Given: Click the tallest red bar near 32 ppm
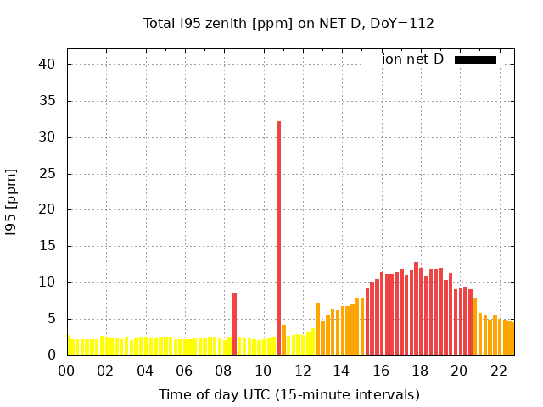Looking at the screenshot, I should click(x=278, y=237).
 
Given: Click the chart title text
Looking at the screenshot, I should click(x=288, y=24).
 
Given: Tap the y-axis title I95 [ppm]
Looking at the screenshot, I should click(x=12, y=202).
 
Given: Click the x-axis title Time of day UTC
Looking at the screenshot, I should click(x=288, y=394).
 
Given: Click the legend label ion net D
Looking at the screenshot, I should click(x=412, y=59).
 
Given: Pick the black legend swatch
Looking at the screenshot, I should click(x=475, y=59).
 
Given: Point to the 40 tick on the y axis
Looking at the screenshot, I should click(x=47, y=64).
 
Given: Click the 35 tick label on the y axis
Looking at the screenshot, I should click(x=47, y=101).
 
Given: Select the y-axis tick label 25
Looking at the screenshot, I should click(x=47, y=174).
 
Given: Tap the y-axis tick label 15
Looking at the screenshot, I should click(x=47, y=247).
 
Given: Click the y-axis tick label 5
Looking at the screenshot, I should click(x=51, y=319).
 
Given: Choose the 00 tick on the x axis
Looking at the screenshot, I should click(x=67, y=371).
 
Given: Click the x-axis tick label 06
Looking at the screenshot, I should click(x=185, y=371).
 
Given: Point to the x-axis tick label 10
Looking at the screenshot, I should click(x=263, y=371).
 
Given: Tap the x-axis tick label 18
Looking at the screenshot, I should click(x=420, y=371).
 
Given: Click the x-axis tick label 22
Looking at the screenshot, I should click(x=499, y=371).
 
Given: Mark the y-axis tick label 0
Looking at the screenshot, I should click(x=51, y=355).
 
